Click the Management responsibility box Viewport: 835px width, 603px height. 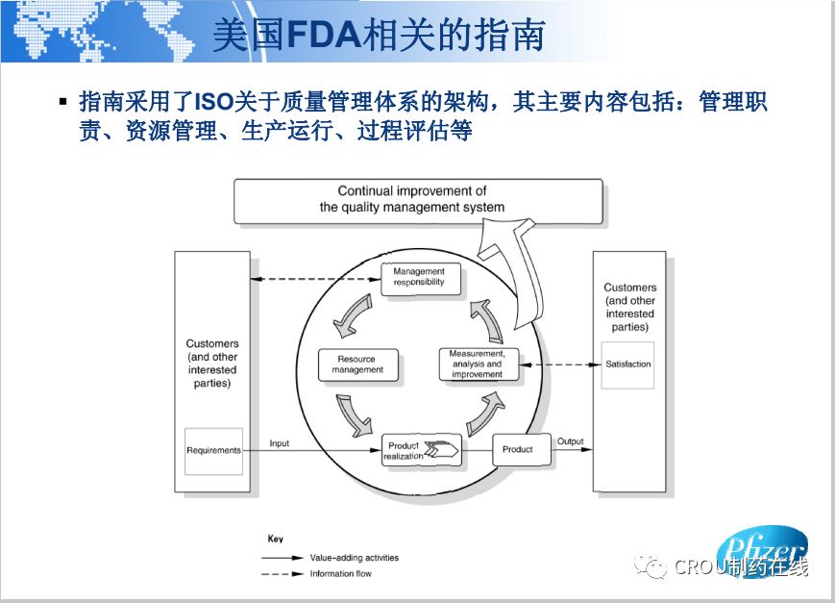coord(419,278)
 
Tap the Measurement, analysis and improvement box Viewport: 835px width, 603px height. coord(476,364)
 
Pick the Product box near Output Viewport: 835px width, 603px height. coord(517,449)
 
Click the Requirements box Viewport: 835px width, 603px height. coord(213,450)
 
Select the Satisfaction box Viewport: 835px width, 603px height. coord(627,364)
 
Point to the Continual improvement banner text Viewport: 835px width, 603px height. coord(412,199)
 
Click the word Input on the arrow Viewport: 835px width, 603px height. coord(279,443)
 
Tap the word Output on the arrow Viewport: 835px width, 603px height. coord(571,442)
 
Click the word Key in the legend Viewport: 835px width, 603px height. coord(275,540)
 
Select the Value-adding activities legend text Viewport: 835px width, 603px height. coord(354,558)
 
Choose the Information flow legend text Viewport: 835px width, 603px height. coord(340,574)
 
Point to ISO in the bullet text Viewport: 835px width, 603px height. coord(214,101)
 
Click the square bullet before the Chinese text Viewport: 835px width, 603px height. coord(63,101)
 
